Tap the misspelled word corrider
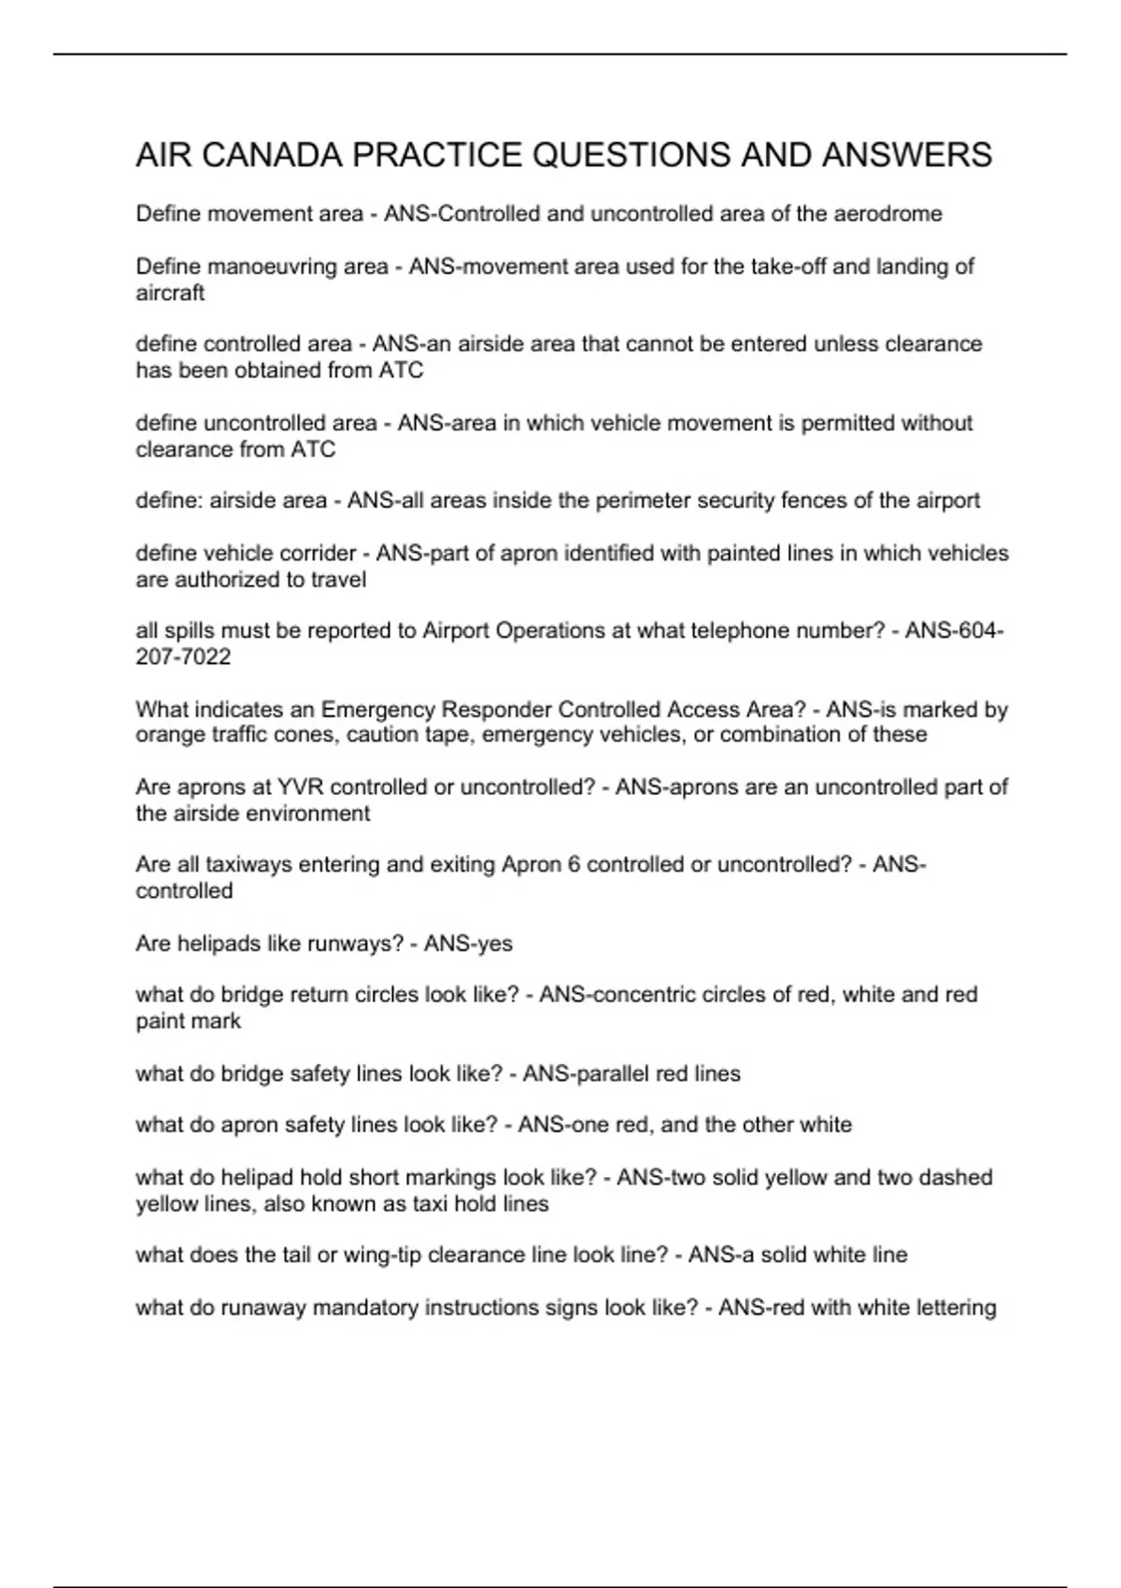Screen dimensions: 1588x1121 [x=320, y=553]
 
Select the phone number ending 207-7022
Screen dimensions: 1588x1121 [x=183, y=657]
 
